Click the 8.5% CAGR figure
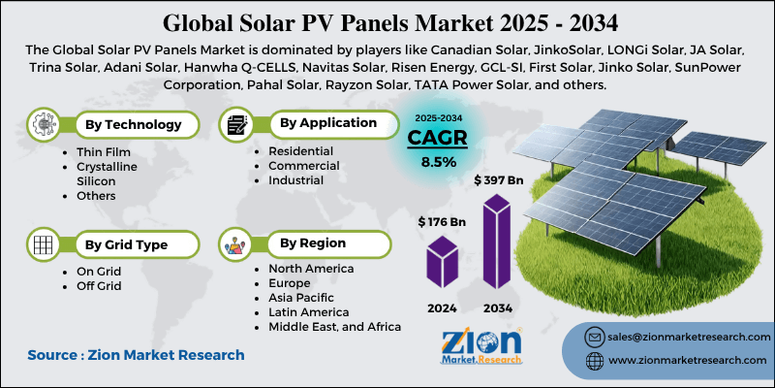439,162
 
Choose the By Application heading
328,123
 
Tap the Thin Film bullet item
103,153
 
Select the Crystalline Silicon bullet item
107,175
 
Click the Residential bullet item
300,151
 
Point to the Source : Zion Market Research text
136,356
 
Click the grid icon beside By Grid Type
42,243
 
